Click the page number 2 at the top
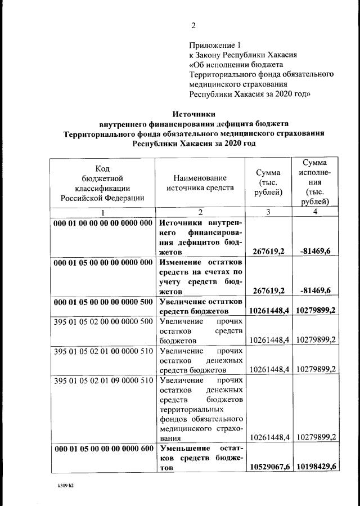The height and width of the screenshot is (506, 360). click(193, 25)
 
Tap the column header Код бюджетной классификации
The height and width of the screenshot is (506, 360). click(102, 183)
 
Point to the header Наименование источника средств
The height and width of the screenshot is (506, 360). click(200, 183)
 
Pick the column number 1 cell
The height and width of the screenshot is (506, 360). click(102, 212)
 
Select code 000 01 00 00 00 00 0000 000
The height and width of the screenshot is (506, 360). click(103, 223)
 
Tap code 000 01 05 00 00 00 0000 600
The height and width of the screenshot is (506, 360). click(103, 448)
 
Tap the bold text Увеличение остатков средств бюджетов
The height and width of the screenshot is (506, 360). click(201, 306)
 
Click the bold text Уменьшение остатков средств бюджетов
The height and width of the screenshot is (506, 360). click(201, 458)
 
